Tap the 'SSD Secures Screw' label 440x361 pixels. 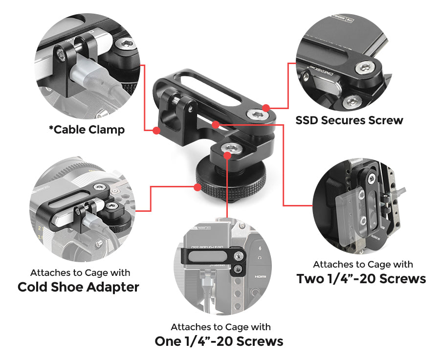(349, 120)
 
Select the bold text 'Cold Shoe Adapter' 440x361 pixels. (78, 287)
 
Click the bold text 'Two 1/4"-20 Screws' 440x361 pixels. (361, 279)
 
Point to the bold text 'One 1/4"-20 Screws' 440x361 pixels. (219, 341)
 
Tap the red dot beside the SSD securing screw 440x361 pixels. (265, 108)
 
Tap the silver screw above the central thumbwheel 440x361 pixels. (228, 148)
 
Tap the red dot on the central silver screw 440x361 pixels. (227, 155)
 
